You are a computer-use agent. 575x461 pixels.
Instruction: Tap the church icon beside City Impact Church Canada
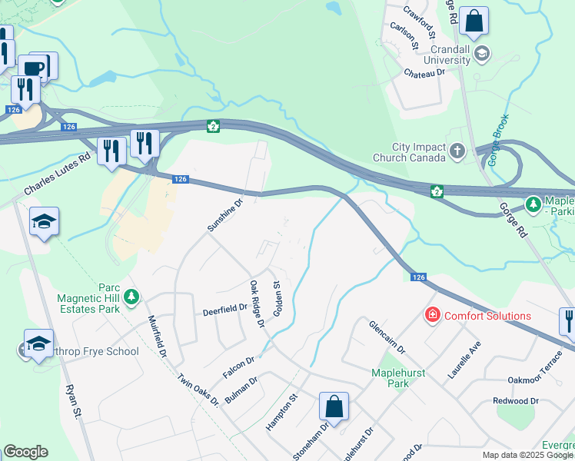457,151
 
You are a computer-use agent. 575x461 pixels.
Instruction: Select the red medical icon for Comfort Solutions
432,316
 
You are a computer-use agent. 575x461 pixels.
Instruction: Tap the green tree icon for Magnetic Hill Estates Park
131,296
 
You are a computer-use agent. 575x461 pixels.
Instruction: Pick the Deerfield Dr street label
224,309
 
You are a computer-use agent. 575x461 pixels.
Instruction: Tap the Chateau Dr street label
424,72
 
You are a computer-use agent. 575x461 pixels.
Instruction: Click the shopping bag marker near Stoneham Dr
334,408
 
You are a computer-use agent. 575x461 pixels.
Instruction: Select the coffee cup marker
33,69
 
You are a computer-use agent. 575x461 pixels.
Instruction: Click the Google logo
25,452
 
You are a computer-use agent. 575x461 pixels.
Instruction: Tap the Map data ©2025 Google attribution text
527,455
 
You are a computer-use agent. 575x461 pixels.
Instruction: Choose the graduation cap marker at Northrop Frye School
38,346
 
